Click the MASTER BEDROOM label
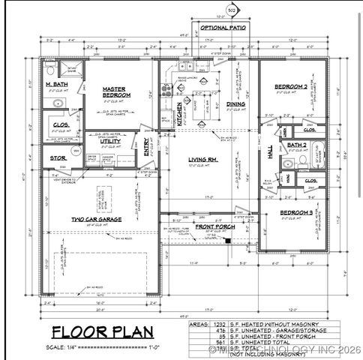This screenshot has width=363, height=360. pyautogui.click(x=116, y=92)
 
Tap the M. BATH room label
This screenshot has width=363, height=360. pyautogui.click(x=56, y=85)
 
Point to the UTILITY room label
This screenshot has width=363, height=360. pyautogui.click(x=110, y=140)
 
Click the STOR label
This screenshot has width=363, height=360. pyautogui.click(x=57, y=158)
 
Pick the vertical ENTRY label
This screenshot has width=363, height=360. pyautogui.click(x=147, y=150)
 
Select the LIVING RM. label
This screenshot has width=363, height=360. pyautogui.click(x=202, y=159)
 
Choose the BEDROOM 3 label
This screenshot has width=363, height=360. pyautogui.click(x=296, y=213)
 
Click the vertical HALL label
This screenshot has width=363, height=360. pyautogui.click(x=271, y=151)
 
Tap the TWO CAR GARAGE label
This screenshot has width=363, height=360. pyautogui.click(x=97, y=220)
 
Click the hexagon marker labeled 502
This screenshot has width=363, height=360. pyautogui.click(x=232, y=10)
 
